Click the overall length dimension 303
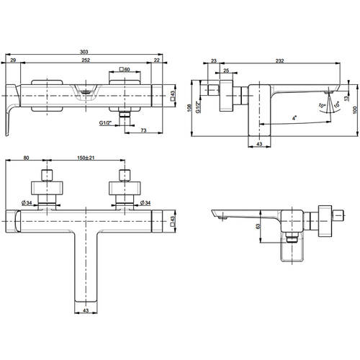pyautogui.click(x=84, y=52)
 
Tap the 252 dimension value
pyautogui.click(x=86, y=60)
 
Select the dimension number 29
pyautogui.click(x=13, y=60)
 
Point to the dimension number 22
pyautogui.click(x=157, y=60)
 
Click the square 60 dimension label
pyautogui.click(x=125, y=69)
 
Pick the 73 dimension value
pyautogui.click(x=143, y=130)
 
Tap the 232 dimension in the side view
pyautogui.click(x=279, y=60)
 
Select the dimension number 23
pyautogui.click(x=214, y=60)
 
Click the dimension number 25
pyautogui.click(x=226, y=71)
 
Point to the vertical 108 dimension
pyautogui.click(x=189, y=108)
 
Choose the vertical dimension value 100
pyautogui.click(x=356, y=110)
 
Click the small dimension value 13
pyautogui.click(x=346, y=98)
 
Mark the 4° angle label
pyautogui.click(x=294, y=118)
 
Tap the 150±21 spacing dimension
pyautogui.click(x=86, y=158)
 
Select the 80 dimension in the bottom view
pyautogui.click(x=26, y=158)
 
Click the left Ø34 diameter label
pyautogui.click(x=27, y=203)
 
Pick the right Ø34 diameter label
pyautogui.click(x=145, y=203)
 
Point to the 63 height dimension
pyautogui.click(x=258, y=226)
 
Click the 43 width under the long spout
pyautogui.click(x=86, y=310)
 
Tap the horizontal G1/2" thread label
pyautogui.click(x=106, y=123)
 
